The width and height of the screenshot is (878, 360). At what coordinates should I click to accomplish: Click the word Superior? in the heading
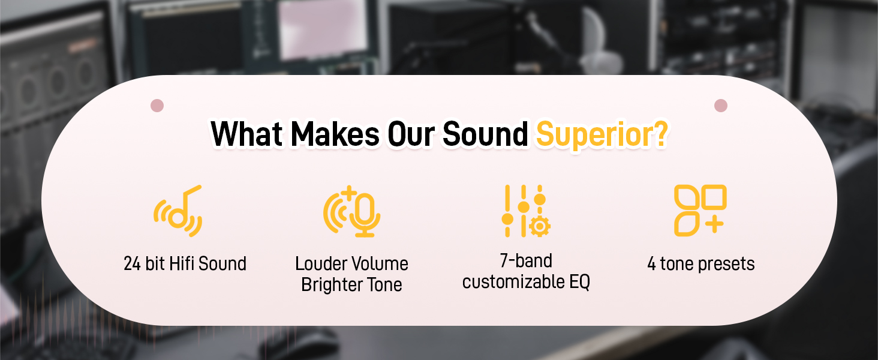coord(602,134)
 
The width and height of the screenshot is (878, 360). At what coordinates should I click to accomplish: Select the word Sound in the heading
coord(485,134)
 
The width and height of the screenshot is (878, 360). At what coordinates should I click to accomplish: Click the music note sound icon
coord(178,211)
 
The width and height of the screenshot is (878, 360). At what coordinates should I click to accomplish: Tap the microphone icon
coord(352,211)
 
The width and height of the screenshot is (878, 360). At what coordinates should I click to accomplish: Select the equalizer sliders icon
coord(524,211)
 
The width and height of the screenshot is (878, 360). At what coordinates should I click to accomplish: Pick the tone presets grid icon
coord(700,211)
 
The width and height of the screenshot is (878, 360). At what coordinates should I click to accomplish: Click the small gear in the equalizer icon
coord(540,226)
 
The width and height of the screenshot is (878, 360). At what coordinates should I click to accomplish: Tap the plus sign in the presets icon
coord(714,225)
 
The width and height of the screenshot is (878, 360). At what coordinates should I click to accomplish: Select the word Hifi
coord(180,263)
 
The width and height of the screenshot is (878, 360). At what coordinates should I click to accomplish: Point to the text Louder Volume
coord(352,263)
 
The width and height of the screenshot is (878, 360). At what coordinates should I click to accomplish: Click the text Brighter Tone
coord(352,284)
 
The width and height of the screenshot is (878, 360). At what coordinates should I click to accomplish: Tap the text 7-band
coord(526,260)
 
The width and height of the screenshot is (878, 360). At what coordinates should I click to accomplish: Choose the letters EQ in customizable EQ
coord(579,281)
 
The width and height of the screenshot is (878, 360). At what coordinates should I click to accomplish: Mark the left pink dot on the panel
coord(157,106)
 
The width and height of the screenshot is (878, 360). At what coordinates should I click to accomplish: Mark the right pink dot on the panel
coord(721,106)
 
